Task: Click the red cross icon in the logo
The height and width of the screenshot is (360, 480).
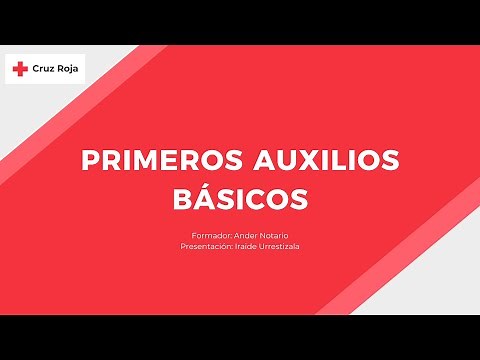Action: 19,69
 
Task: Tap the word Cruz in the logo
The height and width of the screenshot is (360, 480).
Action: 44,69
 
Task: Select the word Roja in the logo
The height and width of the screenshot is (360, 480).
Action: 68,69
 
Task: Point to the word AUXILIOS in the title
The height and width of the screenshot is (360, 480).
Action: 317,161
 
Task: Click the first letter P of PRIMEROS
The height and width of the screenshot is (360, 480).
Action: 87,161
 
